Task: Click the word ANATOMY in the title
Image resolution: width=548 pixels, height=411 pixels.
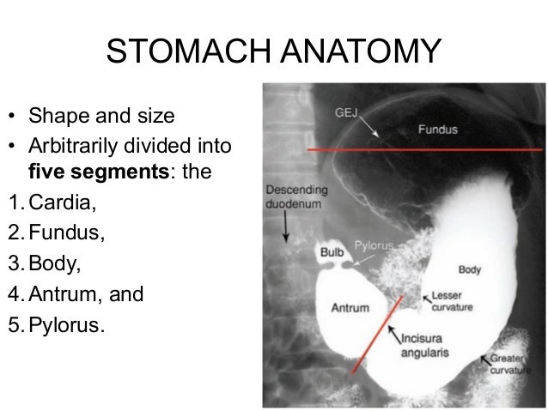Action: pyautogui.click(x=362, y=53)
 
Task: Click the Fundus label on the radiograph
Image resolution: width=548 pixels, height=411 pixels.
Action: pyautogui.click(x=437, y=130)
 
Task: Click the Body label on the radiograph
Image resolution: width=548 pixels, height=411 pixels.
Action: pyautogui.click(x=469, y=269)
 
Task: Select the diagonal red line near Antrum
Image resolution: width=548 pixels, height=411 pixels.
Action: pyautogui.click(x=378, y=335)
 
